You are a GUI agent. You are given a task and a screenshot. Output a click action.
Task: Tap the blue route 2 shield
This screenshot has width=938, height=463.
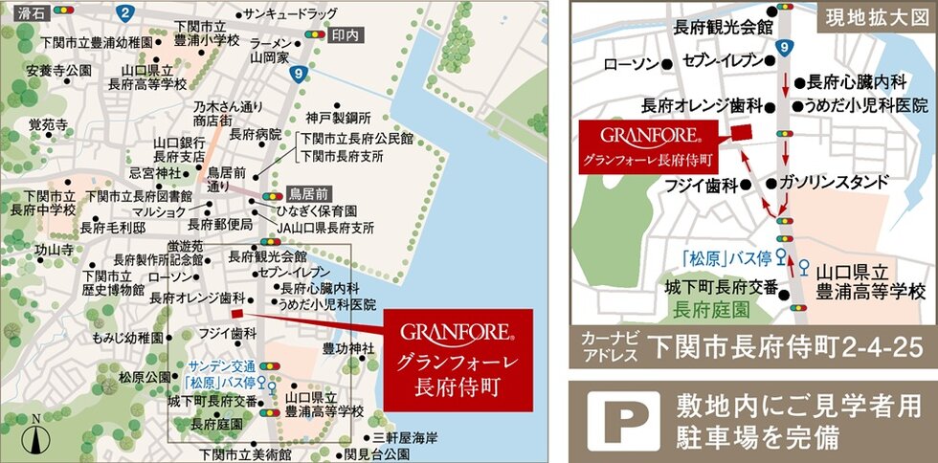pyautogui.click(x=125, y=12)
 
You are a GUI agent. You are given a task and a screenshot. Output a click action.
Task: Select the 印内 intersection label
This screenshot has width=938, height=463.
pyautogui.click(x=346, y=33)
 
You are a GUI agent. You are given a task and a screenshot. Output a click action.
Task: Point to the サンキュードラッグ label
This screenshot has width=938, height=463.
pyautogui.click(x=289, y=13)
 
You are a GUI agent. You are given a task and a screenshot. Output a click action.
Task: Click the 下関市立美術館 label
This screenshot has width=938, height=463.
pyautogui.click(x=246, y=453)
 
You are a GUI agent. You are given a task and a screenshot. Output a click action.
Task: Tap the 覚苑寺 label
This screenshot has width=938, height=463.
pyautogui.click(x=48, y=124)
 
